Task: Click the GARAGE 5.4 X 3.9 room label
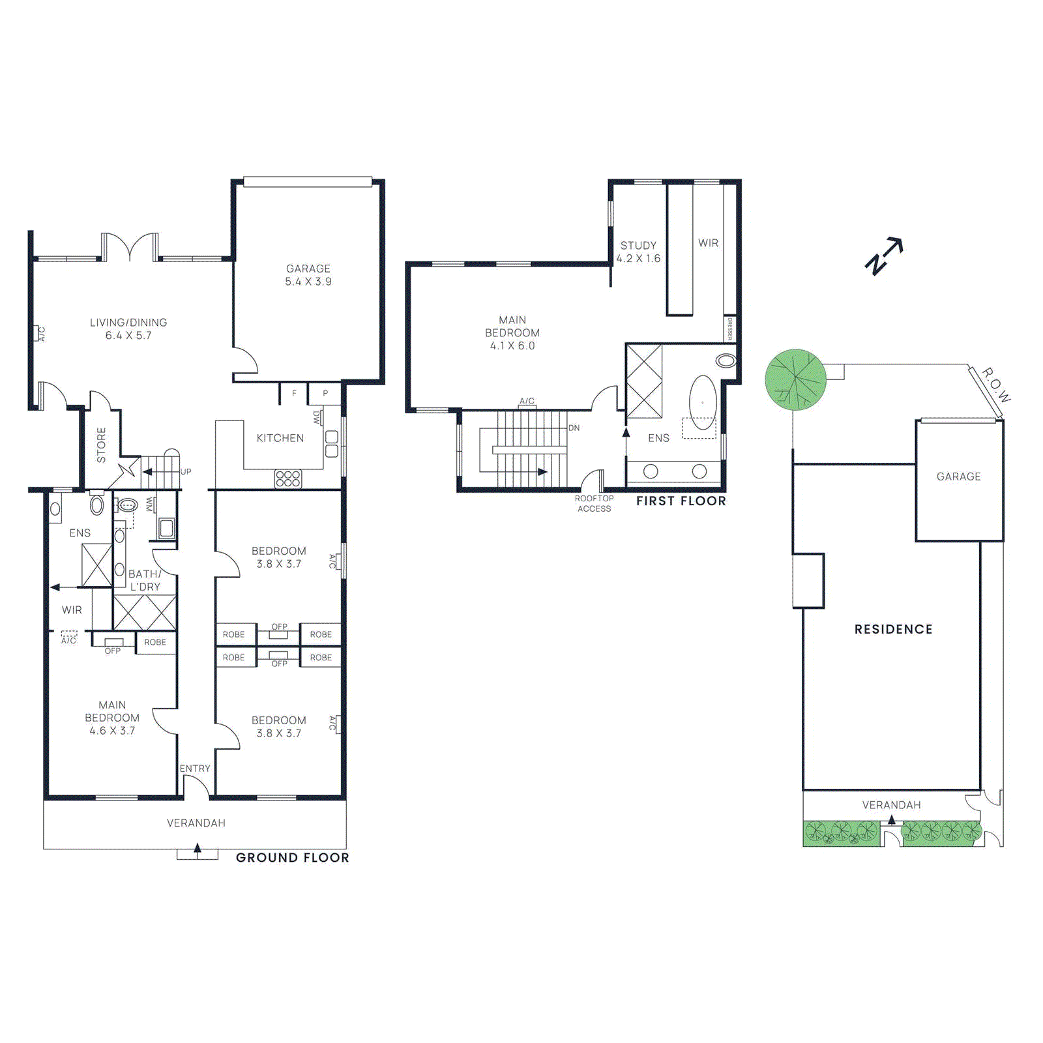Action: pos(308,275)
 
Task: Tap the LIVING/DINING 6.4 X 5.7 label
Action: pos(128,329)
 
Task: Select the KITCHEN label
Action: pos(280,438)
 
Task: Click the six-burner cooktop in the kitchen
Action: pos(288,478)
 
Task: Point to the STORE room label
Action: pos(101,445)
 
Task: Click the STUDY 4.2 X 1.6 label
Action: pos(638,252)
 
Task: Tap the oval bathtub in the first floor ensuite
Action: pos(703,402)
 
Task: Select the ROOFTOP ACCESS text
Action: pos(594,503)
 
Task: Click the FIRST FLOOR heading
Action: pos(681,501)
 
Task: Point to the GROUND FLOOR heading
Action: pos(292,857)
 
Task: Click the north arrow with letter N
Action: pos(883,256)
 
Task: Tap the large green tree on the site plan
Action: pos(795,379)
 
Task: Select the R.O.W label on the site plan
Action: pos(996,385)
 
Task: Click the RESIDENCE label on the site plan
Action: pos(893,629)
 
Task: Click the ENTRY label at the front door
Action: pos(195,769)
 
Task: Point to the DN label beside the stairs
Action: pos(574,428)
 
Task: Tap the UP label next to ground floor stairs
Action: pos(186,471)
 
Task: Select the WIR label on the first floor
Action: pos(708,243)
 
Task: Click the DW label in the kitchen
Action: pos(317,417)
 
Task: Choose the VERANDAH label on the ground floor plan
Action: pos(196,823)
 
